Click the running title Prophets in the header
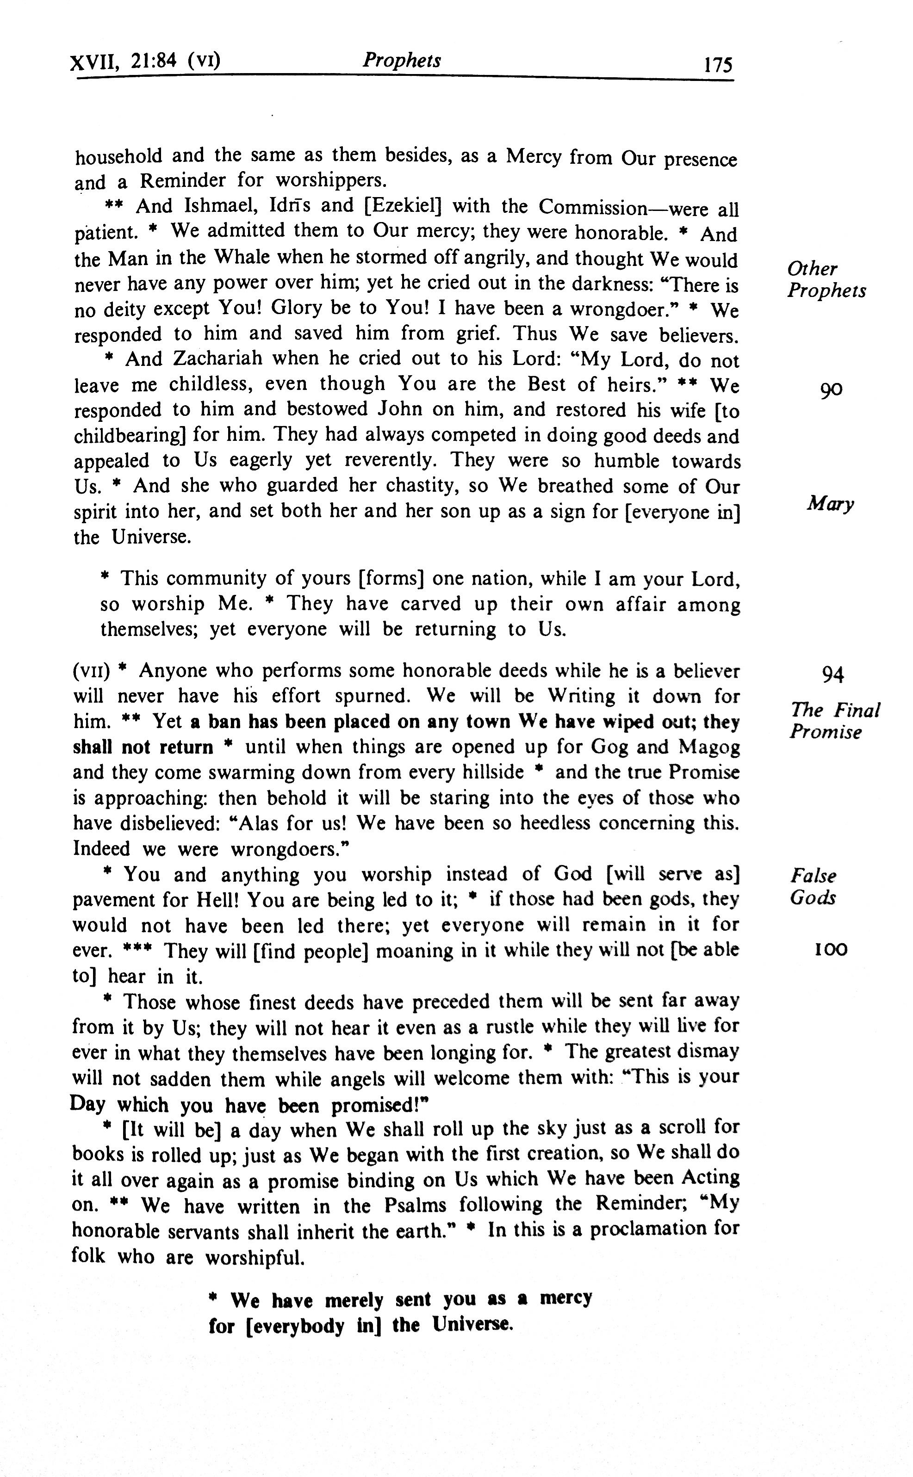click(x=402, y=60)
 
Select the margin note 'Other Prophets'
click(x=826, y=279)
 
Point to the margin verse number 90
click(x=831, y=390)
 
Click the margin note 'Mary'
click(x=830, y=503)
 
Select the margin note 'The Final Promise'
click(x=834, y=721)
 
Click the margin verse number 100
click(x=831, y=950)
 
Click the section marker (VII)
click(x=91, y=671)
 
